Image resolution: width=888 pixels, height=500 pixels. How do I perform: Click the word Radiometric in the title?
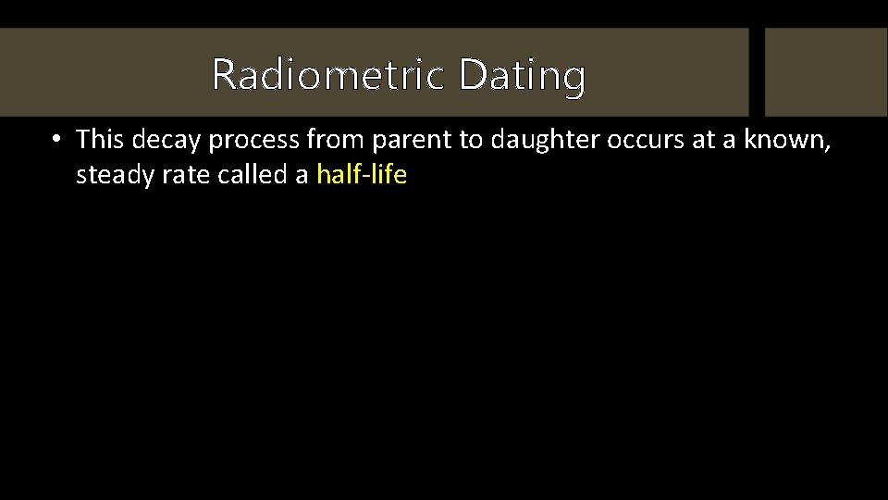click(327, 74)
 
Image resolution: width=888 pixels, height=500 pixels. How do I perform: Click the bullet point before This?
click(56, 140)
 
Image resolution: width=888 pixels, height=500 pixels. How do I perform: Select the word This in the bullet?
click(101, 139)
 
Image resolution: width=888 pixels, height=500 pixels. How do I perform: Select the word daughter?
click(535, 140)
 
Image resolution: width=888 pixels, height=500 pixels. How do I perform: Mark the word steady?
click(107, 175)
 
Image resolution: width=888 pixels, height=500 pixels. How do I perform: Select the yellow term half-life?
click(361, 174)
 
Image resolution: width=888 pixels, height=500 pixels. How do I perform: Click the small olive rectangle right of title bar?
click(825, 71)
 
